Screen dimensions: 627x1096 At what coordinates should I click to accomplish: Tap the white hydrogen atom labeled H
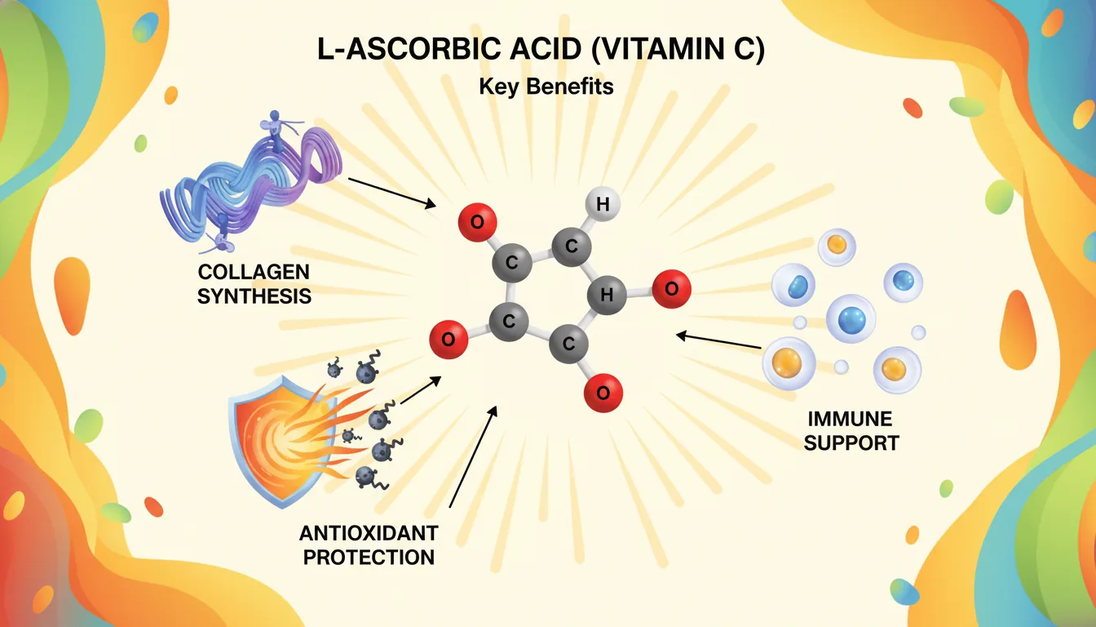click(603, 206)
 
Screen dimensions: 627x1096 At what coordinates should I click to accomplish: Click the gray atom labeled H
click(607, 296)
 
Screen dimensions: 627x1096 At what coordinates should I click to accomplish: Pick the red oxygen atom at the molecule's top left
click(477, 221)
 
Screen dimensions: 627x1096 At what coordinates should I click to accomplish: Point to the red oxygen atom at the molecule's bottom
click(603, 394)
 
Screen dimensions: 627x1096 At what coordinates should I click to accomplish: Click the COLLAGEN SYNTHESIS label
click(254, 283)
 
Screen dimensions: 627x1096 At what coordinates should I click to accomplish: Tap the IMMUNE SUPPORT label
click(853, 431)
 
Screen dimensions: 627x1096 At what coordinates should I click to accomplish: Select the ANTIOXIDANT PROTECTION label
click(368, 545)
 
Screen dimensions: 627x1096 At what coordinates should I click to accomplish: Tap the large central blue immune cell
click(851, 318)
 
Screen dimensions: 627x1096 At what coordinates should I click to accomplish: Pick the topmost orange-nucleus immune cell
click(836, 246)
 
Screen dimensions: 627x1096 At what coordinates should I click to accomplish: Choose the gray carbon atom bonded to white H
click(572, 246)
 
